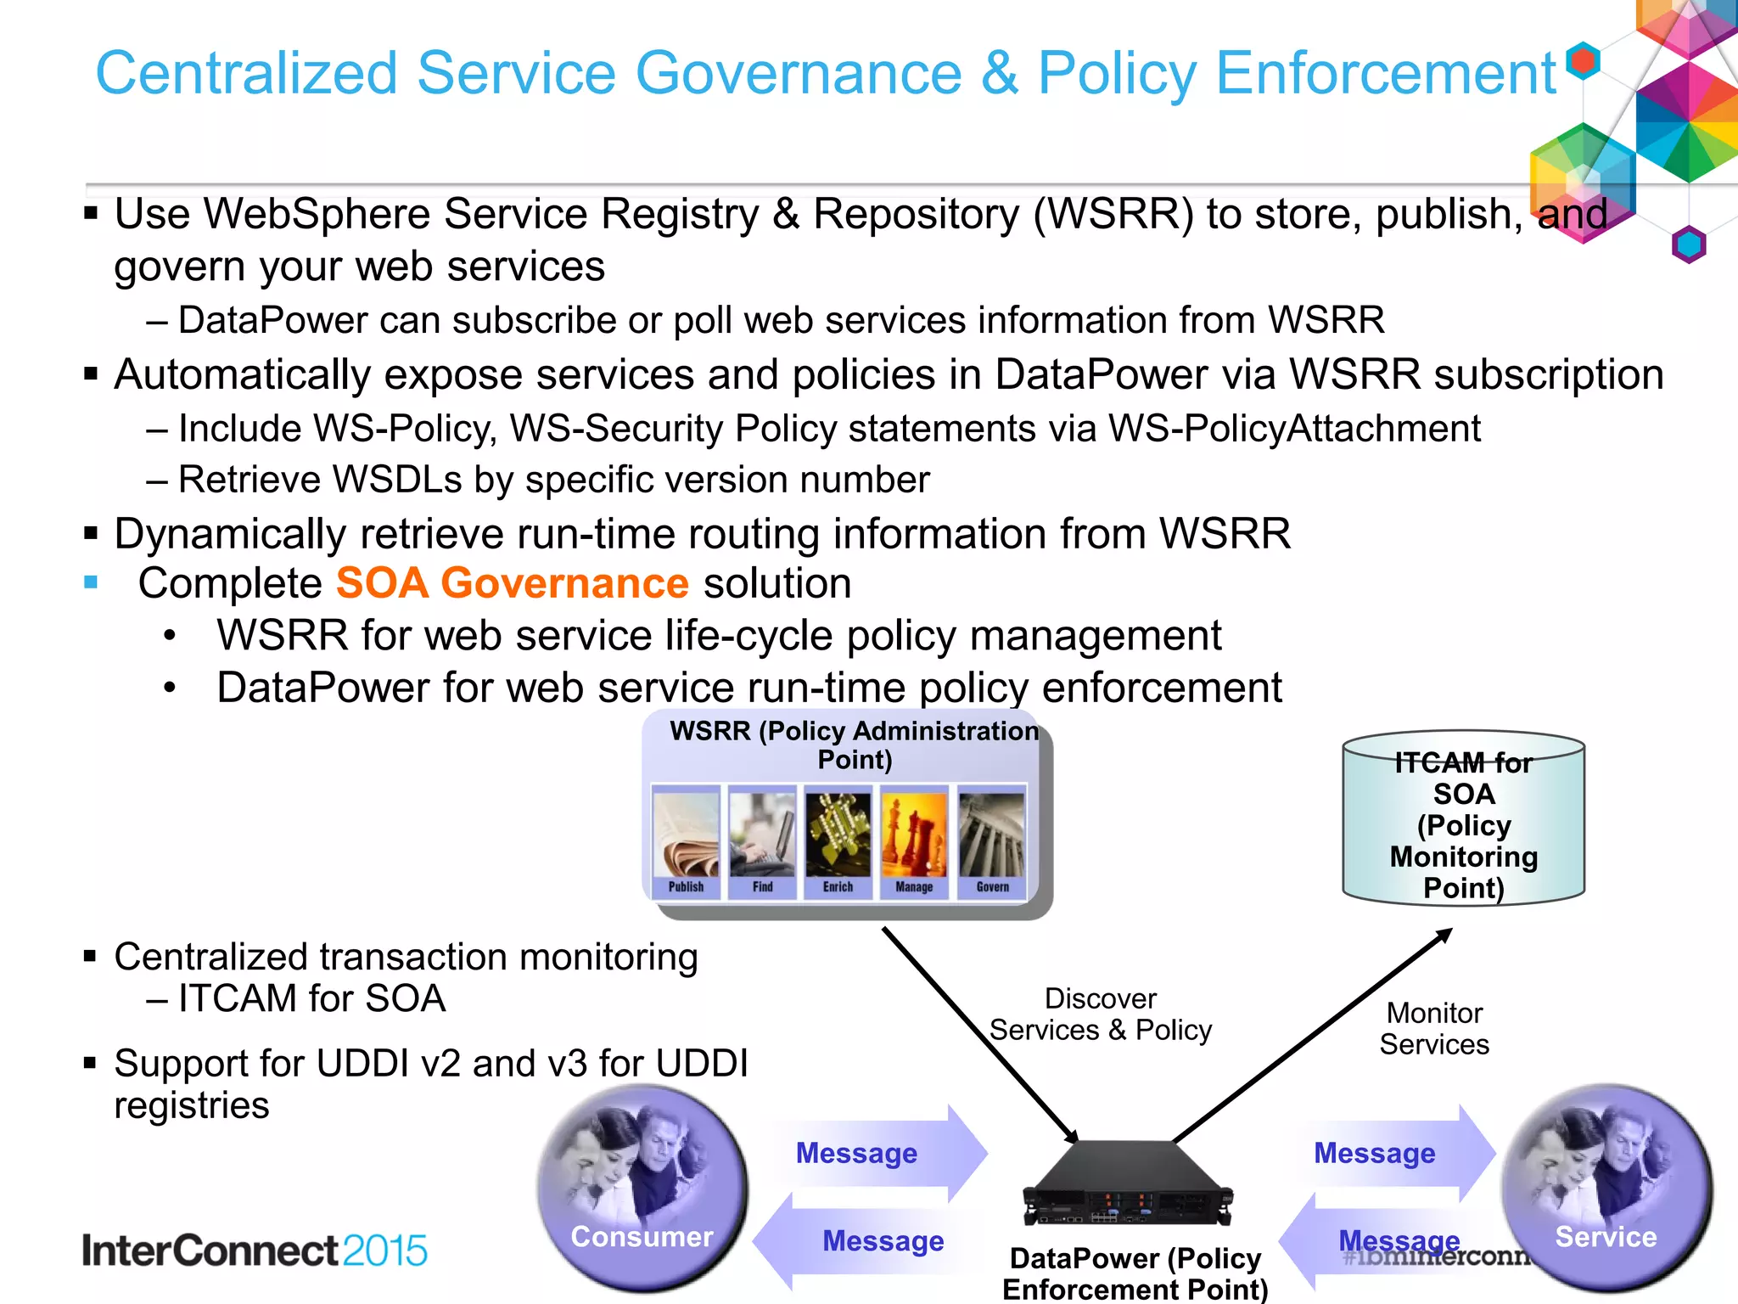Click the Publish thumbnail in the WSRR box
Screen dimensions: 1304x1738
(x=686, y=840)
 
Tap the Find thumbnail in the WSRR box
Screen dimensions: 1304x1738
(x=762, y=840)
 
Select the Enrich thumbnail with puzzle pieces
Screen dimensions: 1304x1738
(x=838, y=840)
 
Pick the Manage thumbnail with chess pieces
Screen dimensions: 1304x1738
(x=914, y=840)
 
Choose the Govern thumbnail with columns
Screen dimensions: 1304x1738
(x=991, y=840)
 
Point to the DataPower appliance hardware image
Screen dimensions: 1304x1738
(x=1129, y=1185)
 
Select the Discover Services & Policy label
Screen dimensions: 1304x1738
(x=1101, y=1015)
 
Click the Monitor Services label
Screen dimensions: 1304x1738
(x=1434, y=1028)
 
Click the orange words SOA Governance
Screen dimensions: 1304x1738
(x=512, y=583)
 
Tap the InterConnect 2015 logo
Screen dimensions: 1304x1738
(x=255, y=1251)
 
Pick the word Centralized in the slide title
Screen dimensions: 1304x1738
(x=246, y=73)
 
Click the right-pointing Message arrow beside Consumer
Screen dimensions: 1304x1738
(x=874, y=1153)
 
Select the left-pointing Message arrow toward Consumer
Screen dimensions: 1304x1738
(x=866, y=1241)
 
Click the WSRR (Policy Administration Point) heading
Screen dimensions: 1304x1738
(x=855, y=745)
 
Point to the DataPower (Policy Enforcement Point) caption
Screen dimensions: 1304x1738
(x=1135, y=1273)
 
